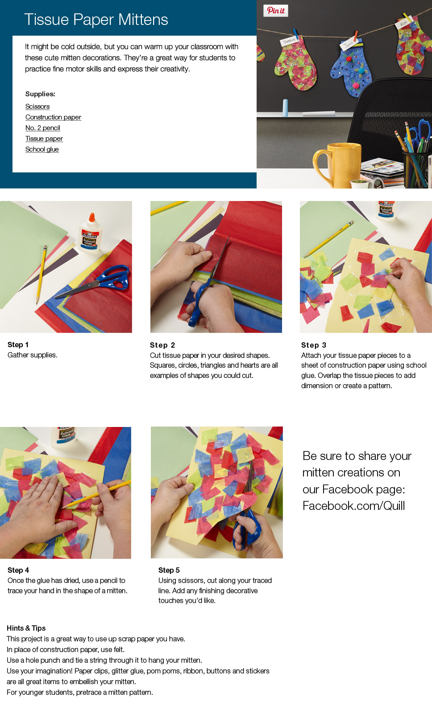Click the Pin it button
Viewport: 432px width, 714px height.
[x=276, y=11]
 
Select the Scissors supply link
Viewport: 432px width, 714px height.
[x=37, y=107]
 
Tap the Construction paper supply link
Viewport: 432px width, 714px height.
[x=53, y=117]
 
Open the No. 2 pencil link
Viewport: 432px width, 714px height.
[x=43, y=128]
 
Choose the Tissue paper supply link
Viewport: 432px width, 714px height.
[x=44, y=139]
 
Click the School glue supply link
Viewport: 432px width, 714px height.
[x=42, y=149]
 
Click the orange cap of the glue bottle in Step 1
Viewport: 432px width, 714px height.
[x=92, y=217]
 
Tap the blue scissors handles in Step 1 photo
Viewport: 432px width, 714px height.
[x=114, y=277]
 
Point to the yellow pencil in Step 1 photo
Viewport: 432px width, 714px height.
[x=41, y=274]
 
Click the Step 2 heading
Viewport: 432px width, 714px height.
[x=162, y=345]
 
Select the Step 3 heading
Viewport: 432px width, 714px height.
[x=314, y=345]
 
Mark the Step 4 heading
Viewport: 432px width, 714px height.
[x=18, y=570]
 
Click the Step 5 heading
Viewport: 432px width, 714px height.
[x=169, y=570]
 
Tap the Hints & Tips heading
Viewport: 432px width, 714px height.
[x=26, y=628]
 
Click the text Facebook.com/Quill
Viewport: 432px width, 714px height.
[x=353, y=505]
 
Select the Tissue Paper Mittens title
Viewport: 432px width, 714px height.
[x=96, y=20]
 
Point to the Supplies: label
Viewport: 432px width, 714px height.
[x=40, y=94]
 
